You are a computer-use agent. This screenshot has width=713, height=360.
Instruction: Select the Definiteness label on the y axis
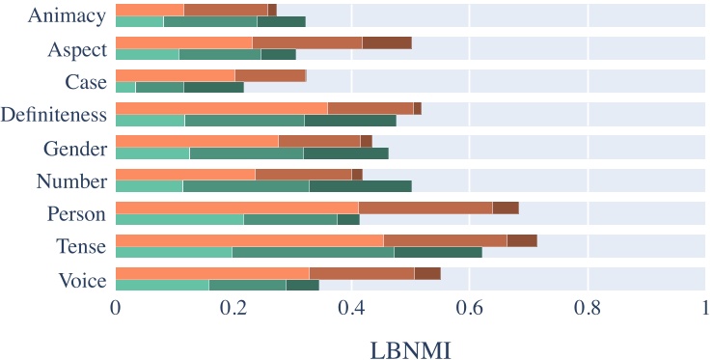click(x=55, y=116)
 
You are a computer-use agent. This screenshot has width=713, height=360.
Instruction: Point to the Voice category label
click(x=76, y=280)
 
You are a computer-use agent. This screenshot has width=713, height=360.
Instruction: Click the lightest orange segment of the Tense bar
click(x=249, y=240)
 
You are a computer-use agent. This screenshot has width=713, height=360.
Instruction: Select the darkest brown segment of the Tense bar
click(x=522, y=240)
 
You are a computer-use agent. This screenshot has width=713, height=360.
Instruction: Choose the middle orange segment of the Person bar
click(x=445, y=208)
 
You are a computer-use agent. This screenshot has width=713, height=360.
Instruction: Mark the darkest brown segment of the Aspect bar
click(x=387, y=42)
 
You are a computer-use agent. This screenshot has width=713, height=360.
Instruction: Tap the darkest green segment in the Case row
click(x=214, y=88)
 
